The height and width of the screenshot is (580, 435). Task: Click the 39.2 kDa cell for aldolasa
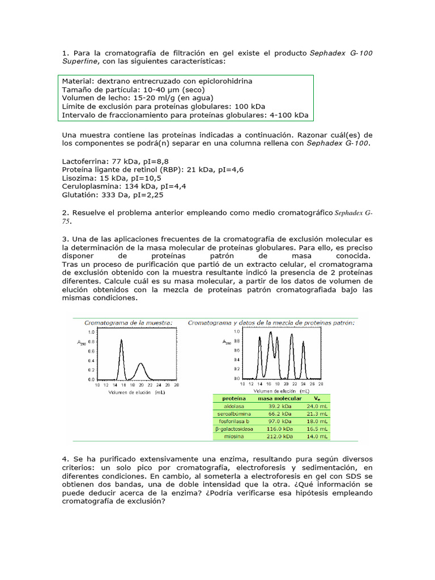[x=274, y=406]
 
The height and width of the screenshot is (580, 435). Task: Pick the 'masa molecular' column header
[x=274, y=398]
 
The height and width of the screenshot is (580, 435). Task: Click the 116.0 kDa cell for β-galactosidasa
[x=274, y=430]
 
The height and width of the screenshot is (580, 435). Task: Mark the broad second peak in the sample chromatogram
[x=142, y=365]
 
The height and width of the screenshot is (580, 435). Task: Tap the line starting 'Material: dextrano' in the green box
[x=157, y=81]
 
